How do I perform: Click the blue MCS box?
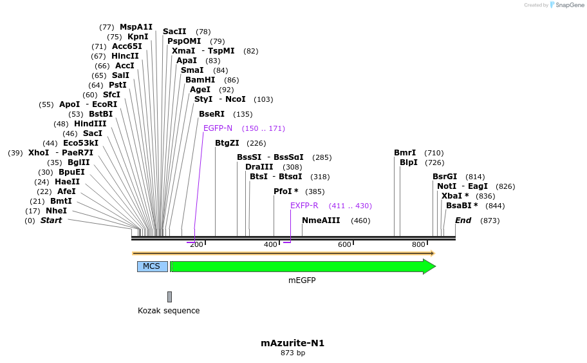point(152,266)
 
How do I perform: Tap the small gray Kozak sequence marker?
point(169,297)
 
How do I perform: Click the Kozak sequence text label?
point(169,311)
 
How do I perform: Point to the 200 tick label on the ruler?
point(196,244)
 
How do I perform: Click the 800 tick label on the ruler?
point(418,244)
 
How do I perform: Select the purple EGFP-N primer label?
point(218,128)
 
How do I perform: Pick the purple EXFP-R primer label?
point(304,206)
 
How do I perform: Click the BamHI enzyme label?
point(200,80)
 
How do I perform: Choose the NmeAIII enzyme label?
point(321,221)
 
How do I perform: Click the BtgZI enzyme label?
point(227,143)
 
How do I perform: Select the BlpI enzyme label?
point(409,162)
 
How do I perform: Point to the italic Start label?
point(51,221)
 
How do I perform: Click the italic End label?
point(463,221)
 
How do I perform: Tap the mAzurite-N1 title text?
point(292,343)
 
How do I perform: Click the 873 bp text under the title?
point(292,353)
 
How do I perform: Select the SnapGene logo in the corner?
point(564,5)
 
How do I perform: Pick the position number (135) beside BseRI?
point(243,114)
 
